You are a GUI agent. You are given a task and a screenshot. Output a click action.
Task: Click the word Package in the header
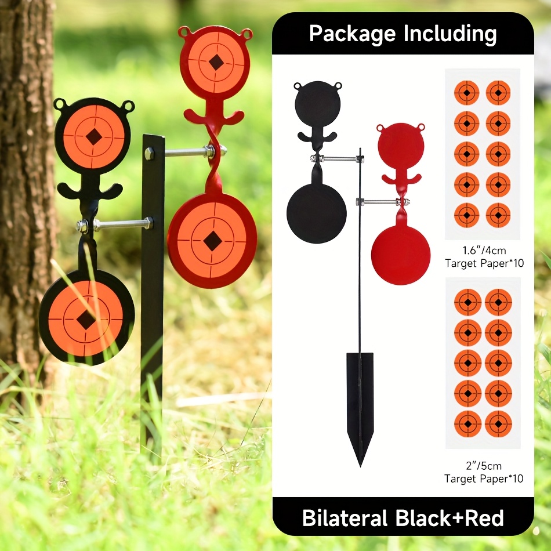tap(353, 34)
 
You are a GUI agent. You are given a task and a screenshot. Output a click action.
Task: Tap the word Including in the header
tap(450, 34)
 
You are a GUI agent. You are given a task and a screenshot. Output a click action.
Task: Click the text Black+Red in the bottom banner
tap(450, 518)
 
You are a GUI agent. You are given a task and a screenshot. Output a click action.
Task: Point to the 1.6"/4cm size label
tap(484, 251)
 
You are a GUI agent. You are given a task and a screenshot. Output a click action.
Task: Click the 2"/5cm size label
tap(484, 466)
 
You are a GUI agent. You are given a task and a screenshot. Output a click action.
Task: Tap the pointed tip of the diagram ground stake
tap(360, 466)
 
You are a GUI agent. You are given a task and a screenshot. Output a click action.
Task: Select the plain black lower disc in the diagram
tap(317, 213)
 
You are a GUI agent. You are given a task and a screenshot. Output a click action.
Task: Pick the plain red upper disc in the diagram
tap(401, 146)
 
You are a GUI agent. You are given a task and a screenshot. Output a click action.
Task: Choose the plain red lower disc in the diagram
tap(401, 255)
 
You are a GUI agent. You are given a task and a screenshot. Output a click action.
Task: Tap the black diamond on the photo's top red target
tap(216, 63)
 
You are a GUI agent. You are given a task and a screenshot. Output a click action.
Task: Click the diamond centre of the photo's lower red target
tap(212, 241)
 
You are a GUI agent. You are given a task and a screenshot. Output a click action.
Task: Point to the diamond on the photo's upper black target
tap(94, 136)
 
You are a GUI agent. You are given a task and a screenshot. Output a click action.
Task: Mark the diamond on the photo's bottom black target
tap(85, 320)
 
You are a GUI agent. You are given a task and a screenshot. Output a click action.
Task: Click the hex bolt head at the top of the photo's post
tap(149, 153)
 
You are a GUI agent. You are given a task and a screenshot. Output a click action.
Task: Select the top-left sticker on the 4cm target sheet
tap(467, 93)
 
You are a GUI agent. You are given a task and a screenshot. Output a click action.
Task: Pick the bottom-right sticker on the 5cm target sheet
tap(498, 424)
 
